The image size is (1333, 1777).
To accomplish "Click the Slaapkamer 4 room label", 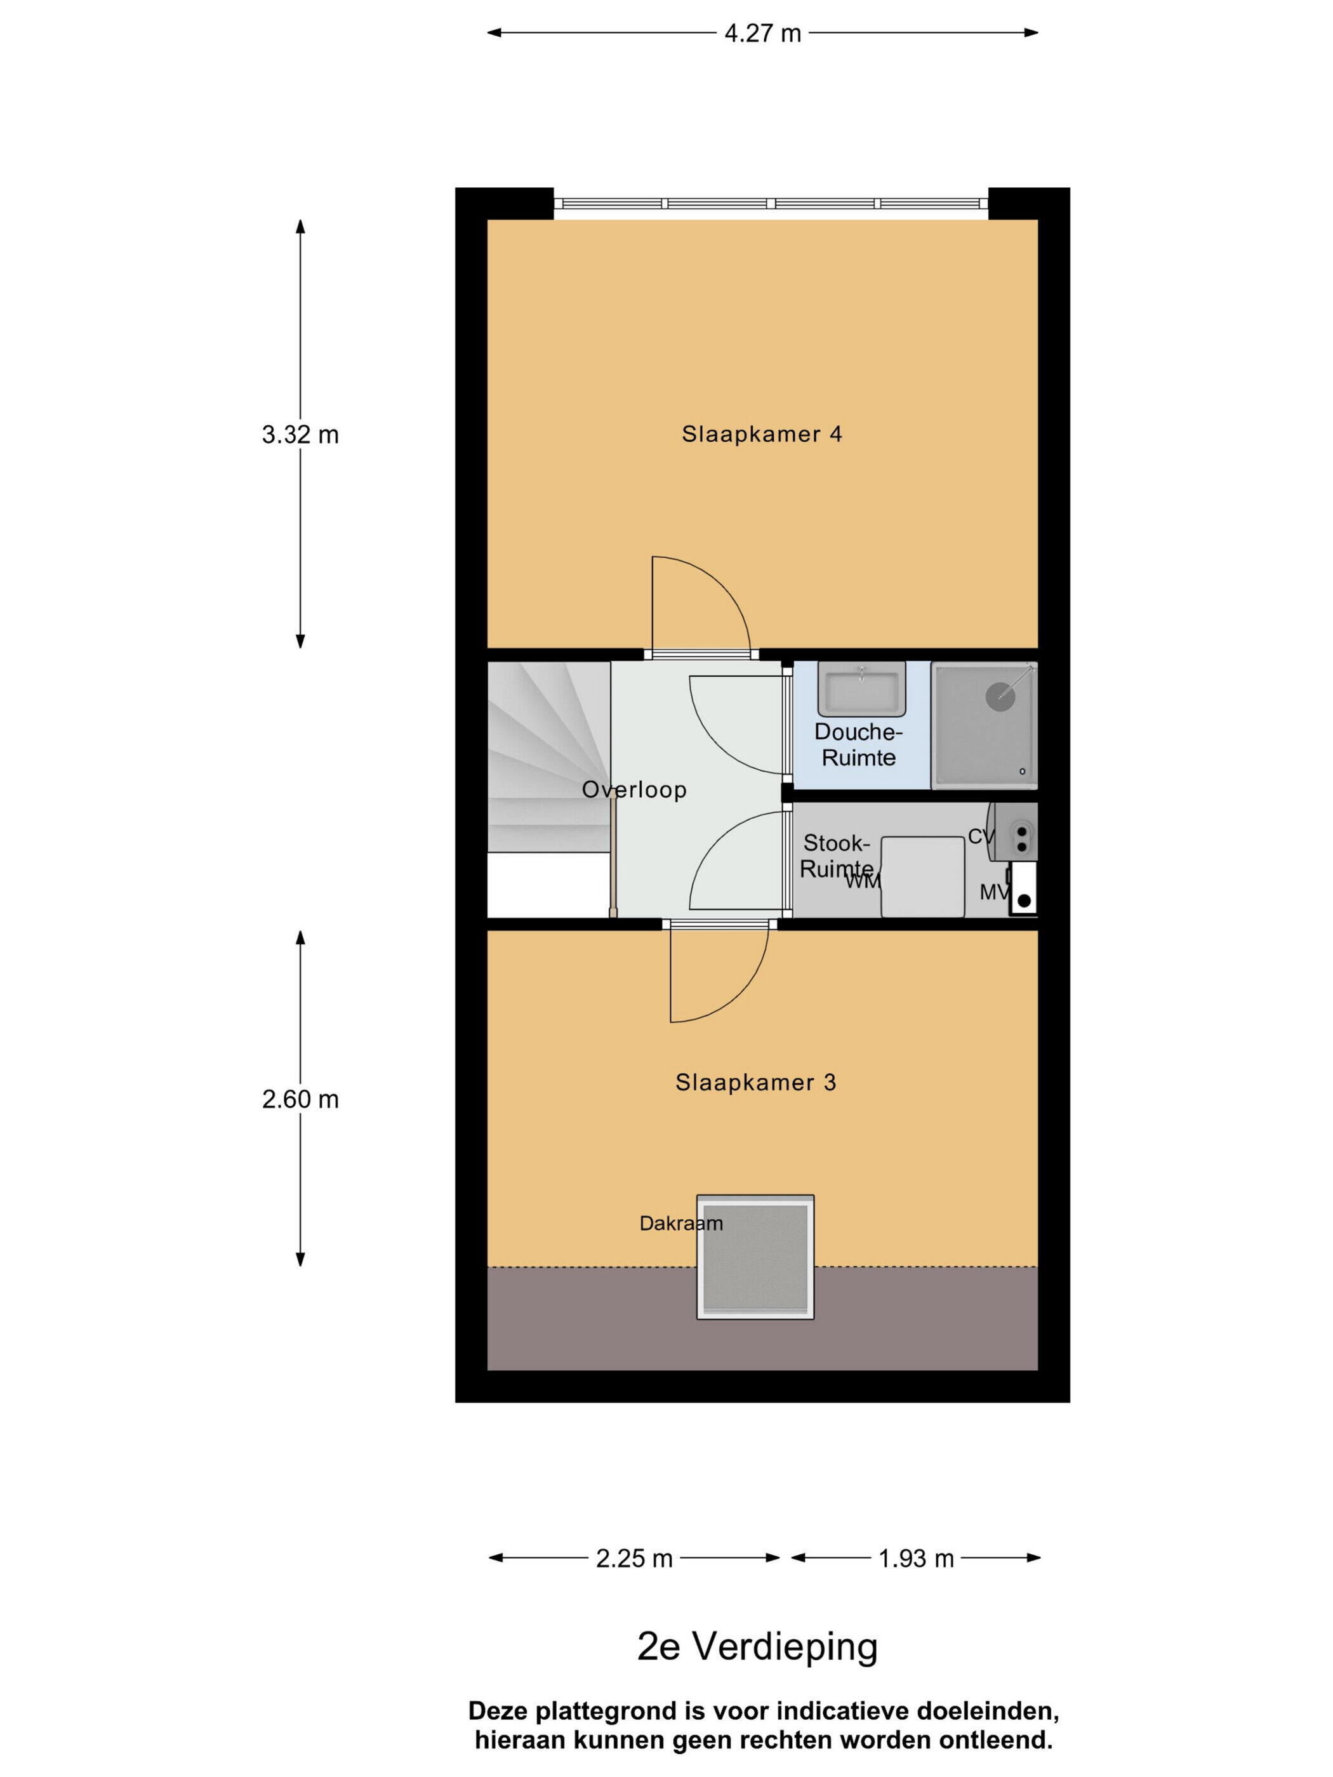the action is point(762,434).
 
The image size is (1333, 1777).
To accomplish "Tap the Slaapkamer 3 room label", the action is point(755,1082).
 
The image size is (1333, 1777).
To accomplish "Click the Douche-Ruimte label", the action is point(858,744).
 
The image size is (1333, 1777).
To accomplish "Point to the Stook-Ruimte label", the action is point(837,855).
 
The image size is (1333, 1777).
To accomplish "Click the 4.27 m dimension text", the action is point(762,33).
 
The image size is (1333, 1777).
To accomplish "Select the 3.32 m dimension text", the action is point(300,435).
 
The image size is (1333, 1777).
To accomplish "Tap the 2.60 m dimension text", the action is point(300,1099).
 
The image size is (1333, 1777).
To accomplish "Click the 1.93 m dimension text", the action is point(916,1559).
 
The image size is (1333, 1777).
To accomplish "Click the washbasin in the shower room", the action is point(861,689).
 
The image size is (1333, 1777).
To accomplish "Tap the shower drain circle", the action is point(1000,695).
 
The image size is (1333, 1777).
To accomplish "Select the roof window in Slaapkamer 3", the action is point(755,1257).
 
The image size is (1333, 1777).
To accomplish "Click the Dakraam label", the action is point(680,1224).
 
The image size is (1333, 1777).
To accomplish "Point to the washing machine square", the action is point(922,876).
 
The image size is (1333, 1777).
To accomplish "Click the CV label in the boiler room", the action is point(981,836).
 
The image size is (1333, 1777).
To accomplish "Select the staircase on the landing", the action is point(548,756).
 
